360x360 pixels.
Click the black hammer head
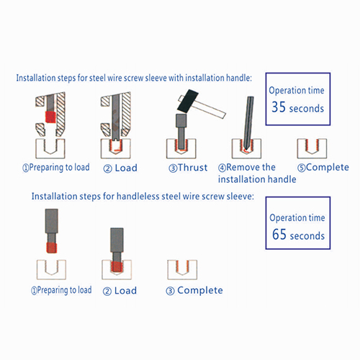click(188, 101)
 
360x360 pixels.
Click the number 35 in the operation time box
click(279, 107)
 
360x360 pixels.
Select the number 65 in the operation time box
click(279, 234)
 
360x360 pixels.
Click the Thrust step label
click(188, 168)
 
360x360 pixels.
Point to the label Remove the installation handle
click(257, 174)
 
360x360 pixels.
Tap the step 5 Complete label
click(323, 168)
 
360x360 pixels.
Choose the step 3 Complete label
click(194, 291)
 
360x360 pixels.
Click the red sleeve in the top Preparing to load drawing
click(50, 117)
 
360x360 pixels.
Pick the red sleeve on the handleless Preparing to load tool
click(52, 248)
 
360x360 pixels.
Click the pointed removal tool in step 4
click(248, 123)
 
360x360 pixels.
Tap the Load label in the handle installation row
click(120, 168)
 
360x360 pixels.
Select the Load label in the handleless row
click(120, 291)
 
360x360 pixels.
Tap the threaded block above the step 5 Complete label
click(312, 148)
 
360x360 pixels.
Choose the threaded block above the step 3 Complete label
click(182, 270)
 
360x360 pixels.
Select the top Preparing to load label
click(56, 168)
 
